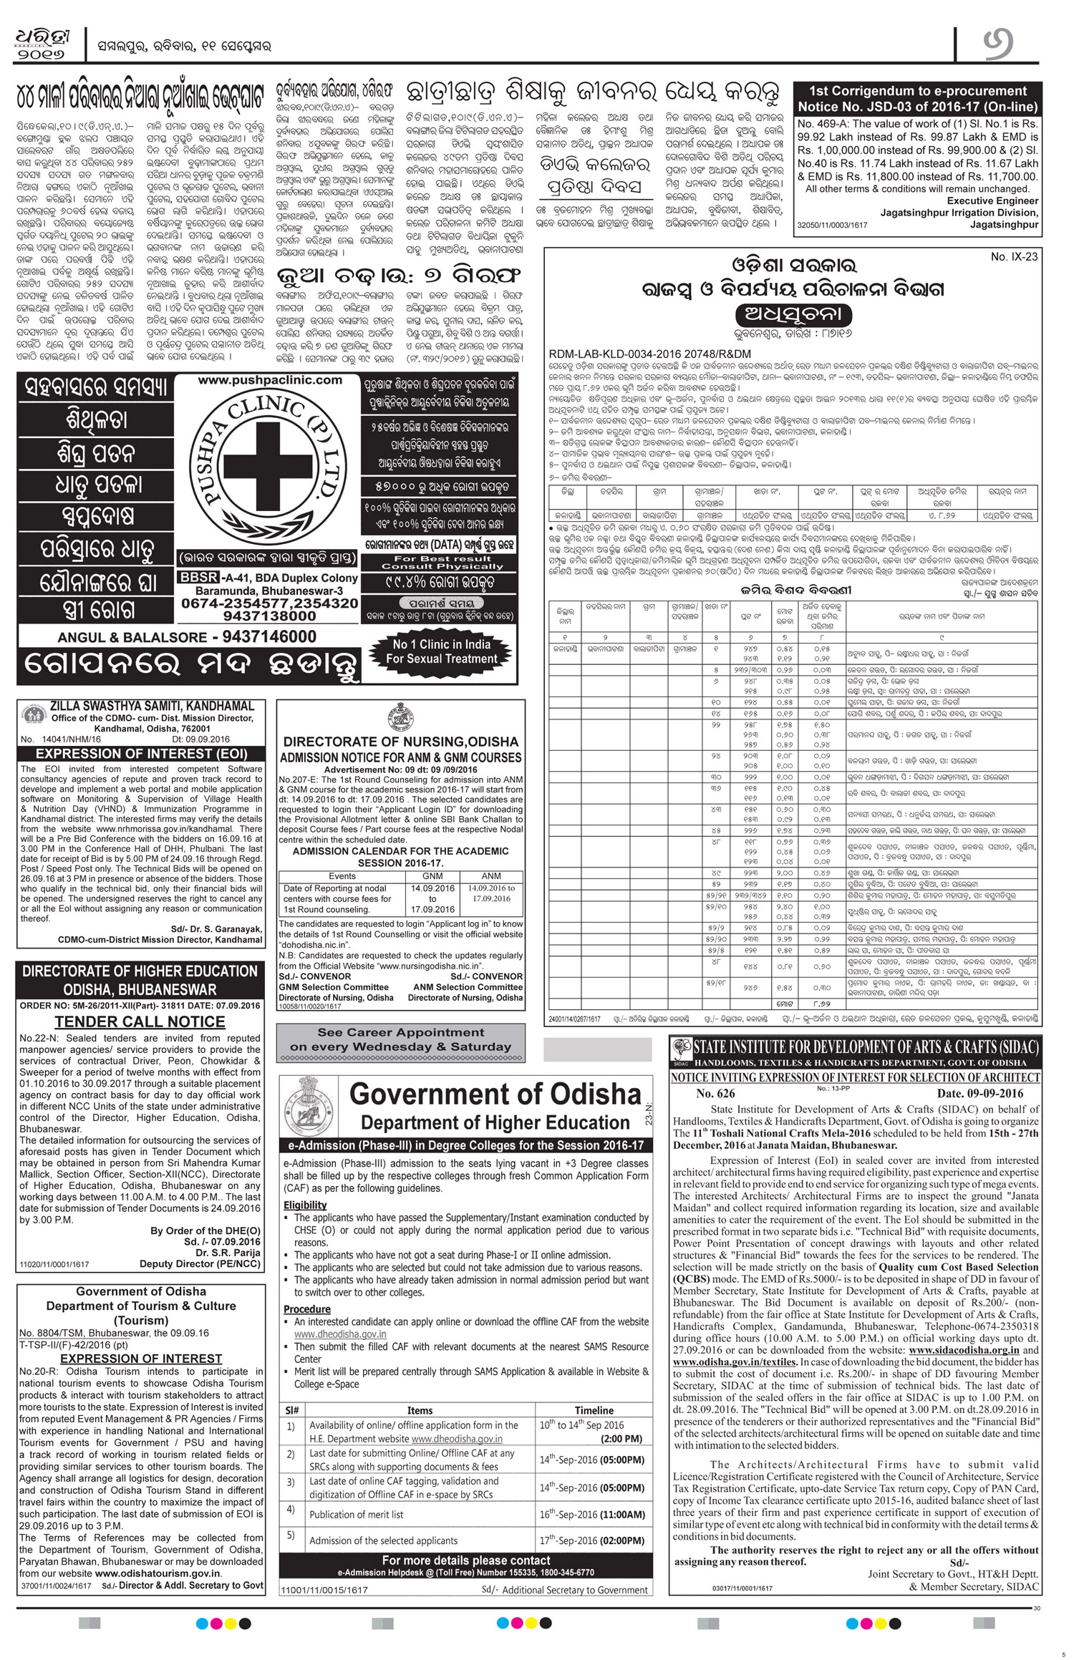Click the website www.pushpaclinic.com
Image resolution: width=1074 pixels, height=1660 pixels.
pyautogui.click(x=261, y=380)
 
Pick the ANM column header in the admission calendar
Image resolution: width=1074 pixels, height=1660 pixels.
pyautogui.click(x=491, y=876)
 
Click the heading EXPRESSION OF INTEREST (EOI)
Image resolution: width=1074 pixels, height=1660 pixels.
pyautogui.click(x=141, y=754)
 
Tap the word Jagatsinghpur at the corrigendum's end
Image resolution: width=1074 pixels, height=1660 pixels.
pyautogui.click(x=1004, y=224)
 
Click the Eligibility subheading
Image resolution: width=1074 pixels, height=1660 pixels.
pyautogui.click(x=305, y=1205)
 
